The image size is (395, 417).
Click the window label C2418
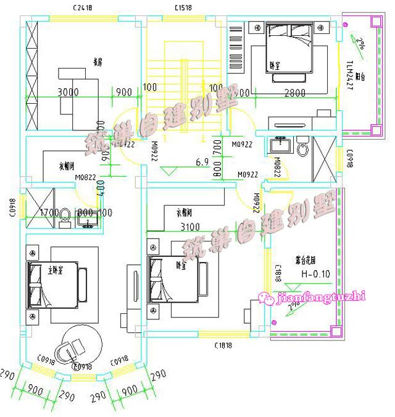point(82,9)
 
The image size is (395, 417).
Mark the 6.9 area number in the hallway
point(202,162)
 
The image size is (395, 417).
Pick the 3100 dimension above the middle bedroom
point(194,227)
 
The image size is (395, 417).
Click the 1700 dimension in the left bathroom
point(49,213)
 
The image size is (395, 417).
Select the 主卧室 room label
point(57,269)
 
